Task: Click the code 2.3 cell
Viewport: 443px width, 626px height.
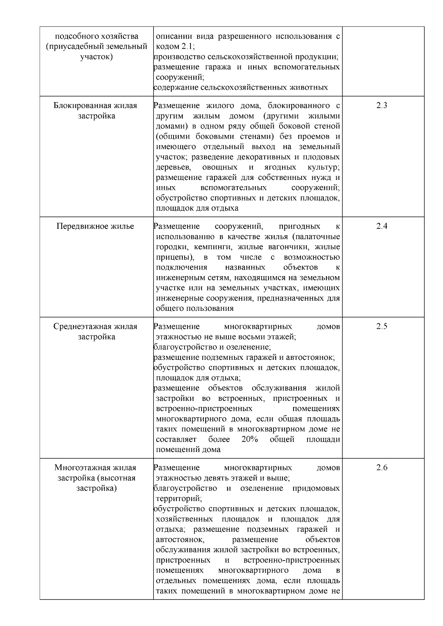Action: point(382,105)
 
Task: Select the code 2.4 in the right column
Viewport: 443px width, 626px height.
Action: point(382,226)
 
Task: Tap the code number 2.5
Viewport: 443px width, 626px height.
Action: point(382,326)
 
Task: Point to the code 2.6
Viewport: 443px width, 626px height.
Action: point(382,467)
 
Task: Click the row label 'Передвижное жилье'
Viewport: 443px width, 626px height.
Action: point(95,226)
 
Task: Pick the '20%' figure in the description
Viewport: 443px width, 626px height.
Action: point(250,439)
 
